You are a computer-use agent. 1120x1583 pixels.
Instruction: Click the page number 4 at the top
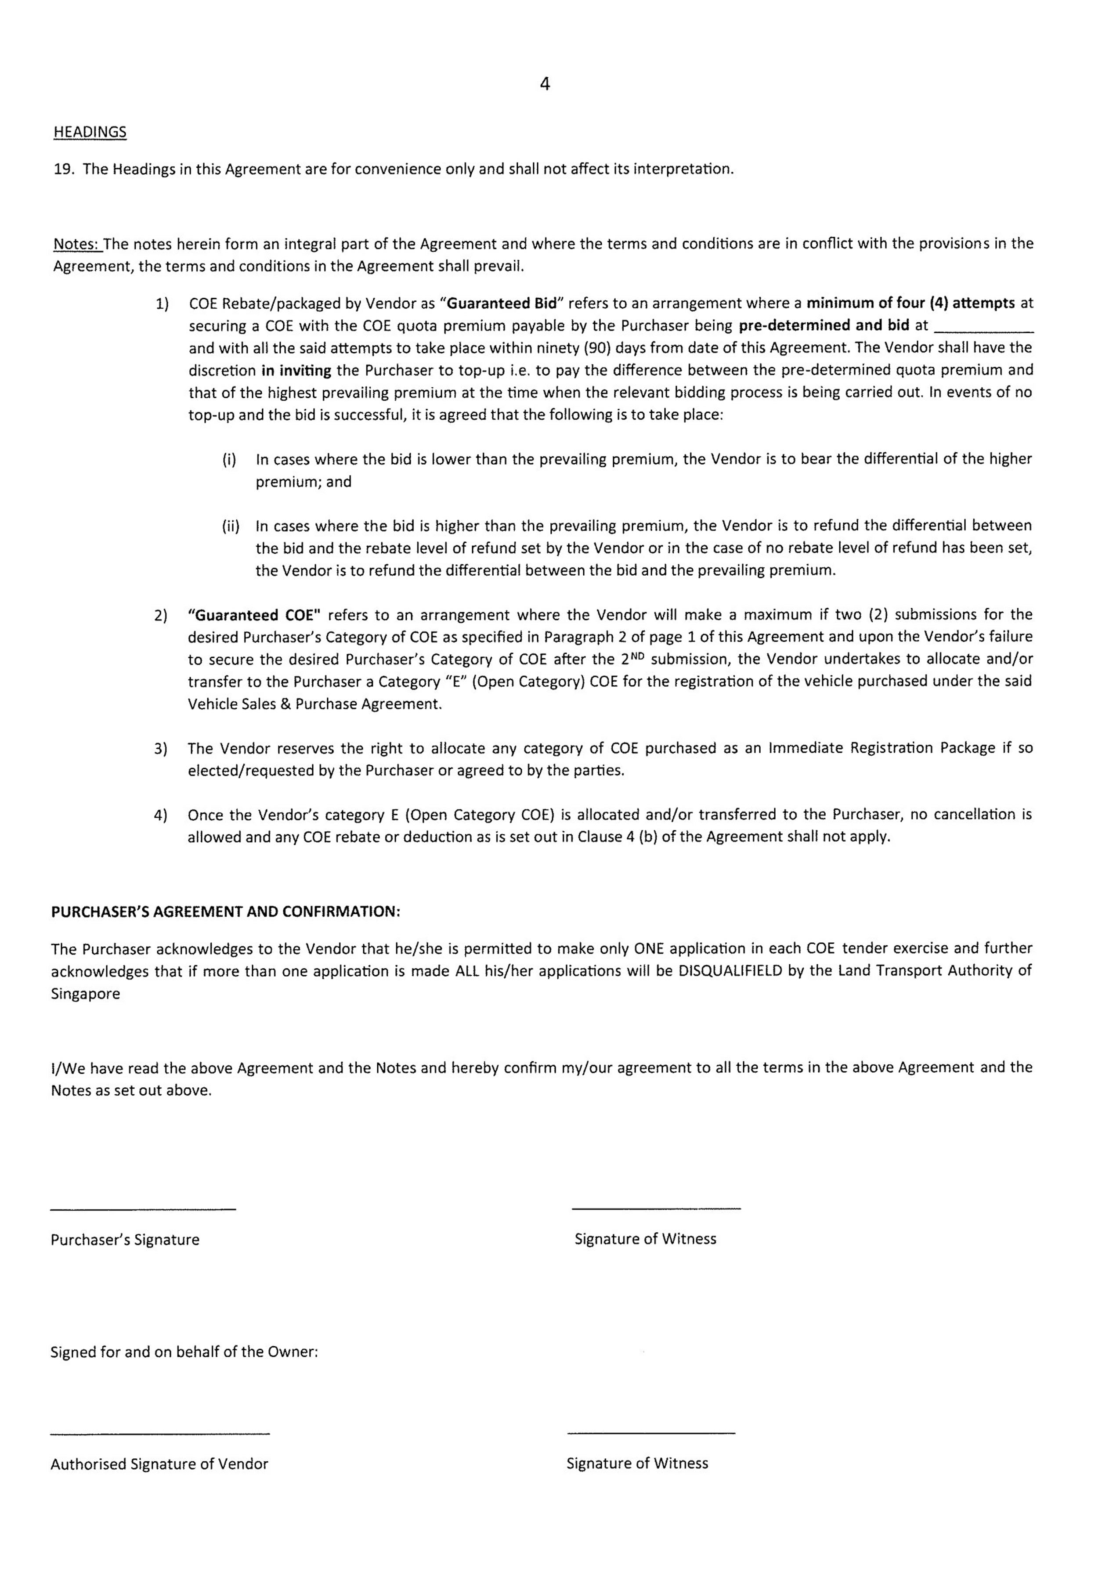[545, 84]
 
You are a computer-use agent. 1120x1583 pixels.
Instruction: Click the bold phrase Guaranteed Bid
[502, 303]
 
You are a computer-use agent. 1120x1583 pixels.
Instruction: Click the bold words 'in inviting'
[296, 370]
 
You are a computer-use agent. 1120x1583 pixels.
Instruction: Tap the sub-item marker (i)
[229, 459]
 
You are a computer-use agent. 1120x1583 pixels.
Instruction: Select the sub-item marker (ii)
[230, 526]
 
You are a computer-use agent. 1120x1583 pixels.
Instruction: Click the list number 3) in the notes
[161, 749]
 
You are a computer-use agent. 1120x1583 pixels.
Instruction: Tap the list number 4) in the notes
[161, 815]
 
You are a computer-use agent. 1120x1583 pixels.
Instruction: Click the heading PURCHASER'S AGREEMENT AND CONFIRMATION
[225, 912]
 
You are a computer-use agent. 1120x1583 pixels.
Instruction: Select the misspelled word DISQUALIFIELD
[730, 971]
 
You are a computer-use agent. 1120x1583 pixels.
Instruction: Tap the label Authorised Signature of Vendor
[159, 1464]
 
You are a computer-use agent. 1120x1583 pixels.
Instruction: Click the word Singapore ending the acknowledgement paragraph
[86, 994]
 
